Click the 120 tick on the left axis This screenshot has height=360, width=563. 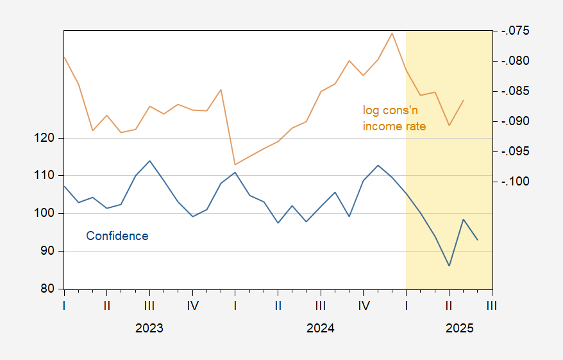pyautogui.click(x=49, y=138)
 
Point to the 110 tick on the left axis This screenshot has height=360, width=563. pyautogui.click(x=49, y=176)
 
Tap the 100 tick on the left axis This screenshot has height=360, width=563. pyautogui.click(x=49, y=214)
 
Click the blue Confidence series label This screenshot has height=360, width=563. pyautogui.click(x=117, y=236)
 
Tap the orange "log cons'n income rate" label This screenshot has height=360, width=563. pyautogui.click(x=394, y=119)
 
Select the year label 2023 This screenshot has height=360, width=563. pyautogui.click(x=149, y=329)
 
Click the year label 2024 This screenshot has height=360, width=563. pyautogui.click(x=321, y=329)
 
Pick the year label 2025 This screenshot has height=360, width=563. pyautogui.click(x=460, y=329)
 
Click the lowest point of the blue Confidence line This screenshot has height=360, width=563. pyautogui.click(x=450, y=266)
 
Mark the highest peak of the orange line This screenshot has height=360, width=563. pyautogui.click(x=392, y=33)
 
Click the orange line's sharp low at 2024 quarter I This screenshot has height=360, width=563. pyautogui.click(x=235, y=164)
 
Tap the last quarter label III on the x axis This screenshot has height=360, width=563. pyautogui.click(x=492, y=305)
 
